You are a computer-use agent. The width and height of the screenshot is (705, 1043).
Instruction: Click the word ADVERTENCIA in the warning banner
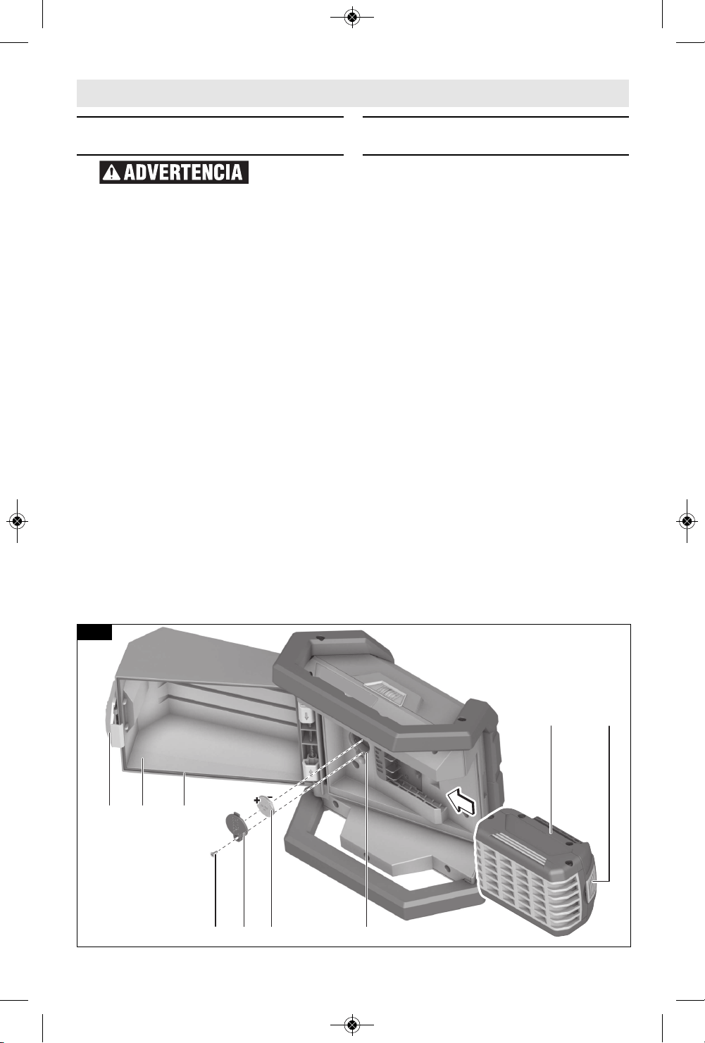pyautogui.click(x=183, y=173)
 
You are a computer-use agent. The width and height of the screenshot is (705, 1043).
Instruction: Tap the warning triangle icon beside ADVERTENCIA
pyautogui.click(x=112, y=173)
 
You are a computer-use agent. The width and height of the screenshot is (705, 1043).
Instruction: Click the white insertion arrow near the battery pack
pyautogui.click(x=462, y=799)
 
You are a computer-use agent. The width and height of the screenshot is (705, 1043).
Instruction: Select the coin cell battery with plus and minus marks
pyautogui.click(x=266, y=804)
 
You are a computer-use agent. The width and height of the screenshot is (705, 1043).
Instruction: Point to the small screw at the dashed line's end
pyautogui.click(x=213, y=854)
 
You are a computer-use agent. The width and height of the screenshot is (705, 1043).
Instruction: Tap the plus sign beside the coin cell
pyautogui.click(x=256, y=801)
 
